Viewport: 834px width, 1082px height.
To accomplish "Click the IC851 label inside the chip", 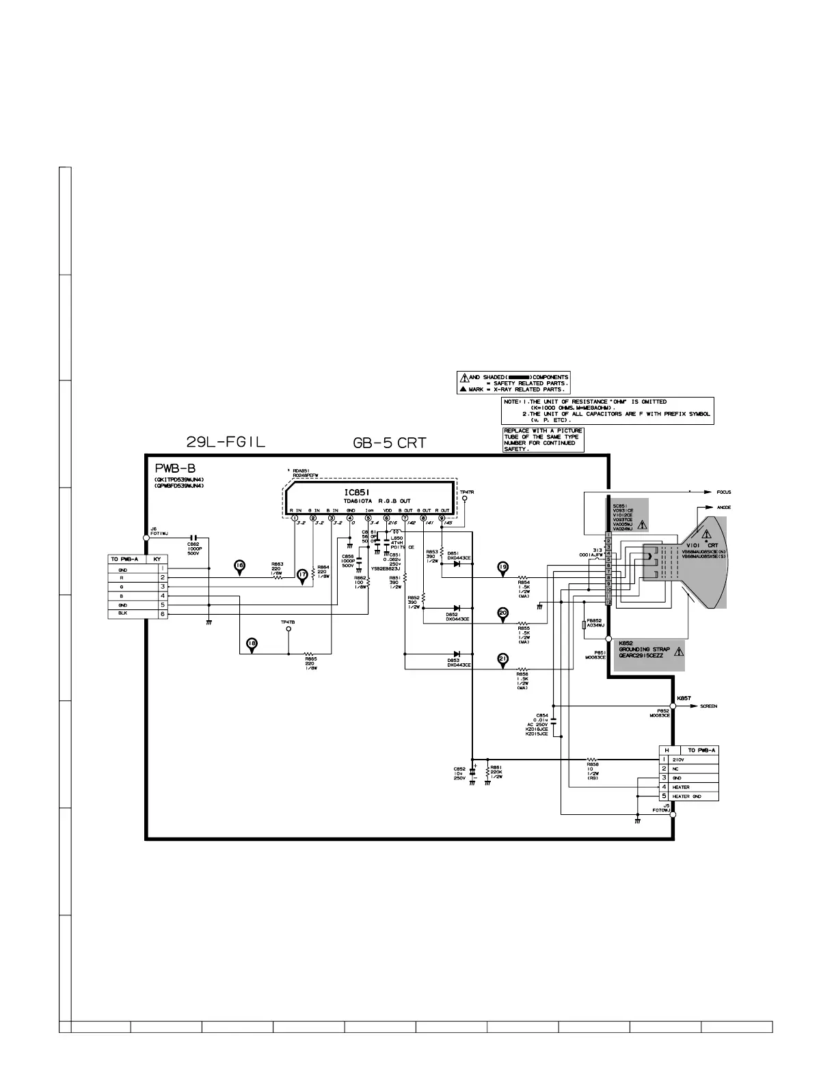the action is click(x=358, y=493).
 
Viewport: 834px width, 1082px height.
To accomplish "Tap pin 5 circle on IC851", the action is click(x=368, y=518).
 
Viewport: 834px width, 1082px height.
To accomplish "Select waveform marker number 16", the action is click(x=239, y=566).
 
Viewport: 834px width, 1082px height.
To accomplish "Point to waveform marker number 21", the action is click(x=503, y=659).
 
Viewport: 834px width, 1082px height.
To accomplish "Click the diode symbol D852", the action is click(x=456, y=608).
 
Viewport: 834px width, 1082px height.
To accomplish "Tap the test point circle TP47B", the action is click(x=288, y=629).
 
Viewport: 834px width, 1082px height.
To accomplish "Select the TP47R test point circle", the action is click(x=466, y=499).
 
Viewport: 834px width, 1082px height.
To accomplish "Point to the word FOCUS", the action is click(x=724, y=492).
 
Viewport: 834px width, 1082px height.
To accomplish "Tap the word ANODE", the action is click(x=724, y=508).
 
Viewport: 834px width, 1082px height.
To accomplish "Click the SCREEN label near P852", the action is click(x=708, y=706).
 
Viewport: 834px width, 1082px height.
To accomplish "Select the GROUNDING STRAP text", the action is click(x=644, y=649).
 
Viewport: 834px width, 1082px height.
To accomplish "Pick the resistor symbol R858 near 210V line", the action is click(x=593, y=759).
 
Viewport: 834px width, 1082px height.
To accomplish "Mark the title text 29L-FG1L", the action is click(x=226, y=442).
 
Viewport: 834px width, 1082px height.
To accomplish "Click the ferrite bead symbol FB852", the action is click(x=583, y=624).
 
